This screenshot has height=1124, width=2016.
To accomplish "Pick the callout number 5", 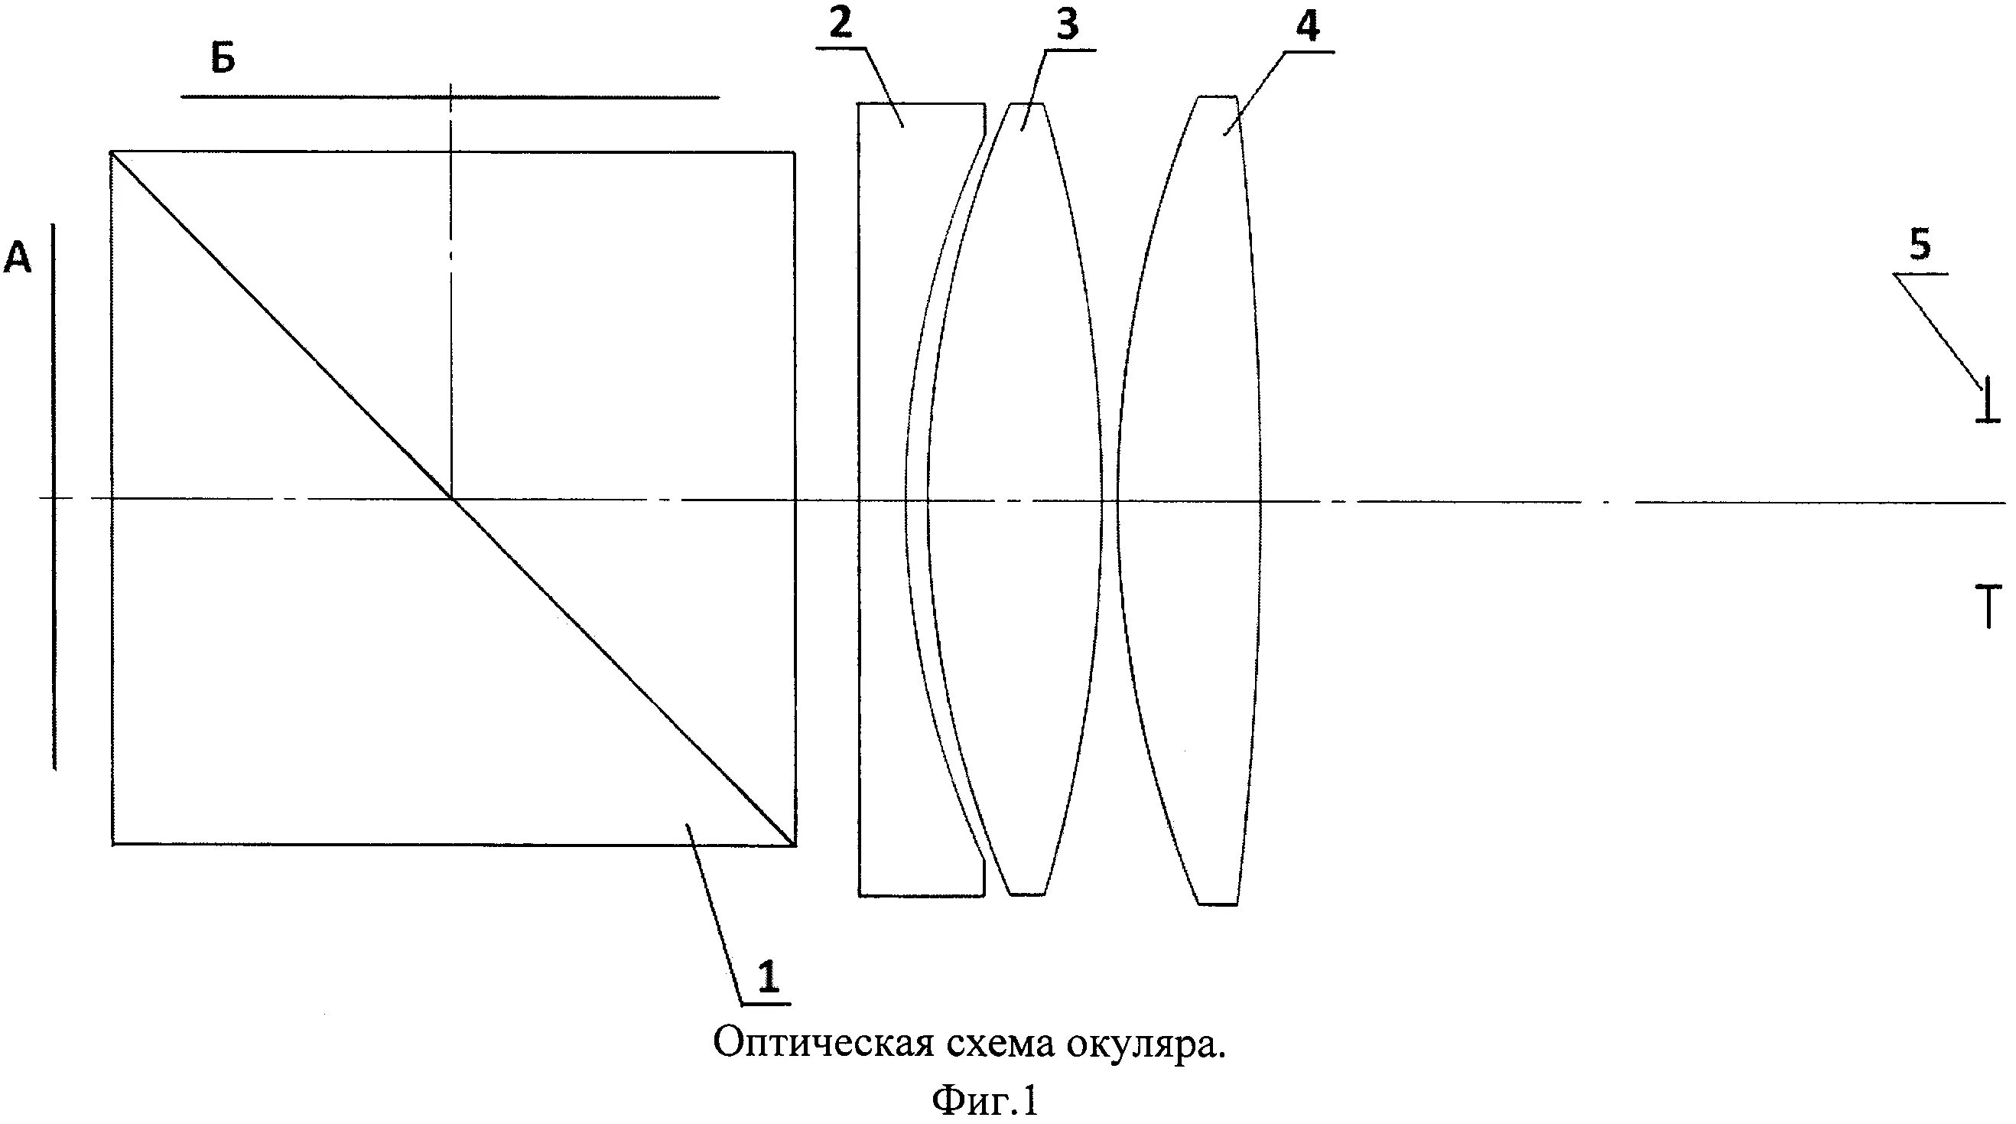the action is click(x=1920, y=246).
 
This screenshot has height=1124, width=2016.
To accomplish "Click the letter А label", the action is click(x=18, y=258).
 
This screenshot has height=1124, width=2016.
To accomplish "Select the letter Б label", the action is click(x=223, y=60).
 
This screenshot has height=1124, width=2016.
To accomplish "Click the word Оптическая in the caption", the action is click(x=821, y=1044).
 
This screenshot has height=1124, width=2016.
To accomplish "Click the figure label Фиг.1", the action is click(x=984, y=1101).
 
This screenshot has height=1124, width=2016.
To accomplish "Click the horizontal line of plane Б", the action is click(x=449, y=97).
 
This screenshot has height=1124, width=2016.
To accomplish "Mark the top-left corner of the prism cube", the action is click(x=112, y=152).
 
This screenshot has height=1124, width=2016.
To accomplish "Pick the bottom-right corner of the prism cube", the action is click(x=795, y=845).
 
